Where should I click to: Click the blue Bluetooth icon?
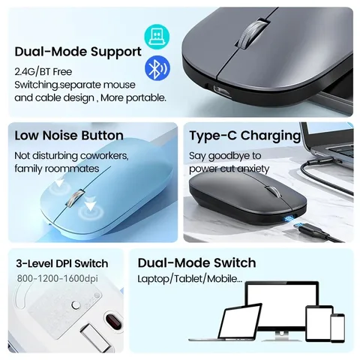click(157, 68)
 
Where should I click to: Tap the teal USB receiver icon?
click(157, 35)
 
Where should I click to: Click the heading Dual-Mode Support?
click(77, 52)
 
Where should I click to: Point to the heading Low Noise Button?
click(69, 136)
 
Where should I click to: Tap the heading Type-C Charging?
click(244, 136)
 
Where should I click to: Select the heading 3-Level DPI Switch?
click(62, 263)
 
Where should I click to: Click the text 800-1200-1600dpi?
click(58, 279)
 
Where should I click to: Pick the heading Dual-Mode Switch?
click(196, 262)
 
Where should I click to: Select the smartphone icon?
click(338, 328)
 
